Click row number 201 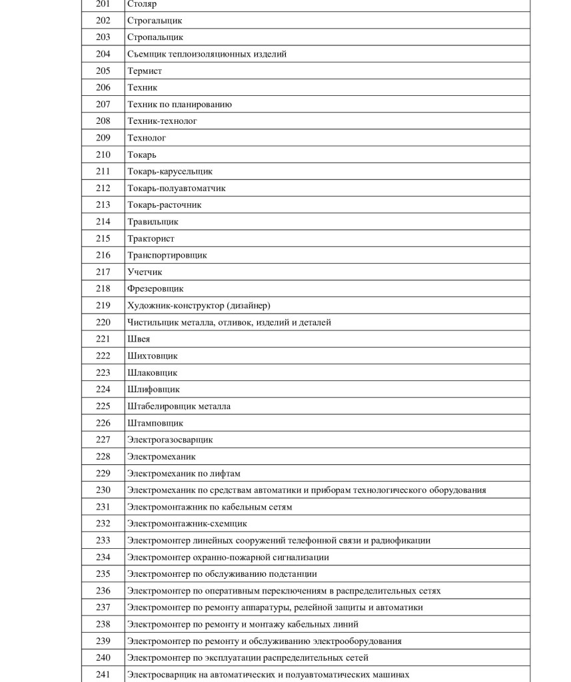[103, 4]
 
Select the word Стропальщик [155, 37]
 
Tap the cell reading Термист [145, 71]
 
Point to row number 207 [103, 105]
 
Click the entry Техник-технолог [162, 121]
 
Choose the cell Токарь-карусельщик [170, 172]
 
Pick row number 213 [103, 205]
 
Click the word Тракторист [151, 238]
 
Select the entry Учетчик [145, 272]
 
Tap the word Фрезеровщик [155, 289]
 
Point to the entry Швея [139, 339]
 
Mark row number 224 [103, 390]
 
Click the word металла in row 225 [215, 406]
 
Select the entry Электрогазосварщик [170, 440]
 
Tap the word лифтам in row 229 [226, 474]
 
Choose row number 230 [103, 490]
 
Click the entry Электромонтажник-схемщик [187, 523]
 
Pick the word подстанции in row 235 [294, 574]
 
